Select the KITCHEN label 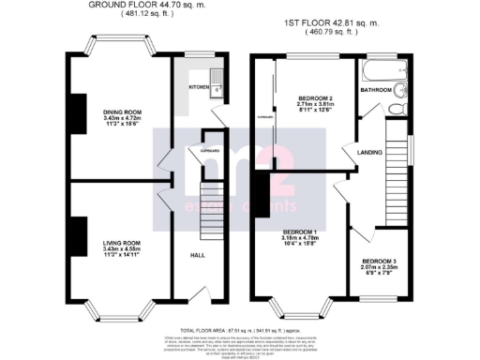click(199, 86)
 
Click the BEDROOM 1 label click(302, 232)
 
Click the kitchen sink click(214, 82)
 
